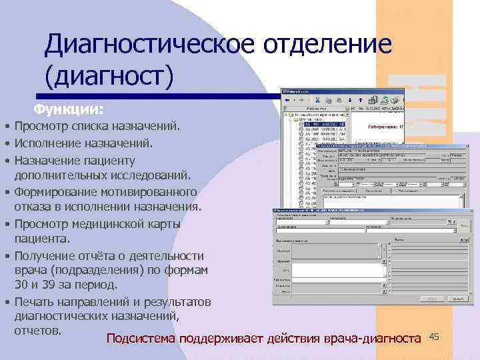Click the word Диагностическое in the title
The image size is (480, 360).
pyautogui.click(x=149, y=45)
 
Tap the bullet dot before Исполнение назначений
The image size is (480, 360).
pyautogui.click(x=5, y=143)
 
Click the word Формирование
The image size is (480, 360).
pyautogui.click(x=56, y=192)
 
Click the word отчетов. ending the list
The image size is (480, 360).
pyautogui.click(x=38, y=330)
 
